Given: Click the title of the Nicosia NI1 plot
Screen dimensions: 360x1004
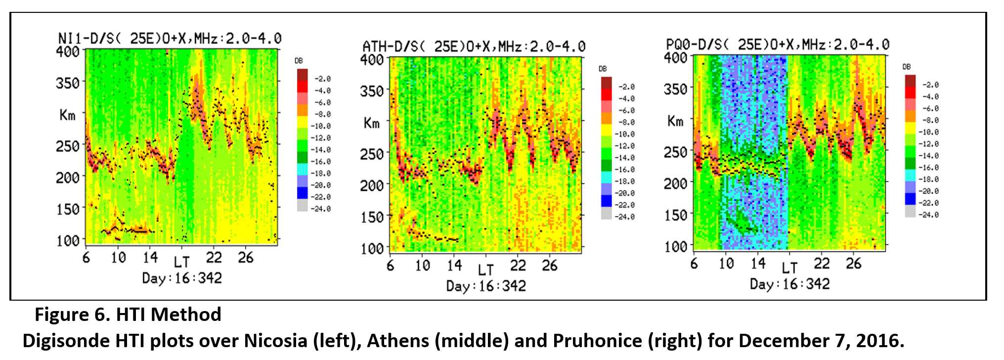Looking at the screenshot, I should click(x=170, y=39).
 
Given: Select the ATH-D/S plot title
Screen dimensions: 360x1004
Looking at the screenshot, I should click(x=474, y=46).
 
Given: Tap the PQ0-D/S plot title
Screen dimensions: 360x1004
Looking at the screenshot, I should click(x=777, y=45).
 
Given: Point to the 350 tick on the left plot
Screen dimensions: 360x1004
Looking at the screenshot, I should click(x=68, y=83).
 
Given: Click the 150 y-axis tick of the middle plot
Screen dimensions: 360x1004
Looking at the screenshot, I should click(x=372, y=217).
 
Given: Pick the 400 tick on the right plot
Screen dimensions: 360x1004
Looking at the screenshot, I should click(x=675, y=58).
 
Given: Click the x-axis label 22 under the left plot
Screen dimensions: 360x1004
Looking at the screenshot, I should click(x=214, y=258).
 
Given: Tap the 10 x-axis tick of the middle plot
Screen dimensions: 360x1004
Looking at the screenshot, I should click(x=422, y=266).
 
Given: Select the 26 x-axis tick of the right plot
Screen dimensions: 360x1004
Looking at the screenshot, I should click(x=853, y=264).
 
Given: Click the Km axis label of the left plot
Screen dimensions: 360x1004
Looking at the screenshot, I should click(x=67, y=115).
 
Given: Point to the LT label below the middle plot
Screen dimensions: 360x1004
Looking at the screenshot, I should click(x=485, y=270).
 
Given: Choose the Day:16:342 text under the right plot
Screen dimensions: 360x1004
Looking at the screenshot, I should click(x=789, y=284).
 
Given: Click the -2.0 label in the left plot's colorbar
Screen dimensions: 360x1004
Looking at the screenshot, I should click(x=323, y=79).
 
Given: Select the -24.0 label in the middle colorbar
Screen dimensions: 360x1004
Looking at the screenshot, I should click(x=626, y=217).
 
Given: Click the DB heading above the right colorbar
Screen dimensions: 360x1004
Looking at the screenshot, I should click(x=906, y=67).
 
